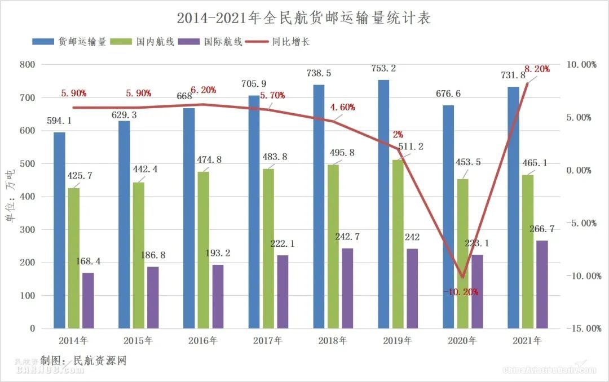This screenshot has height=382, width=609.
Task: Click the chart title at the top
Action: click(x=304, y=18)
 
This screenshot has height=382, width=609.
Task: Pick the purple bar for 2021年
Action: click(x=542, y=285)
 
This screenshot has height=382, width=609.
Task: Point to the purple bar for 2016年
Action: click(x=218, y=296)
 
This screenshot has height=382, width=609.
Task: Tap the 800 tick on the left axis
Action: click(x=27, y=65)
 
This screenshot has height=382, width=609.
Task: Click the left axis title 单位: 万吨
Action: click(x=10, y=197)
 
